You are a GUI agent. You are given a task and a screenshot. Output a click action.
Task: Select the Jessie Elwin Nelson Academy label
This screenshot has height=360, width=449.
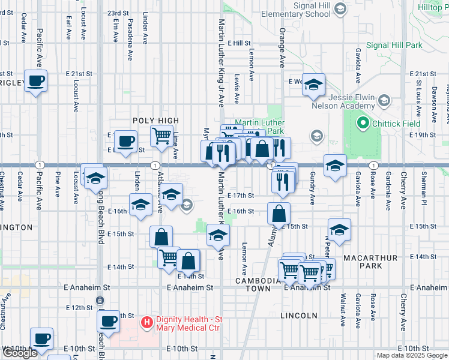(x=343, y=102)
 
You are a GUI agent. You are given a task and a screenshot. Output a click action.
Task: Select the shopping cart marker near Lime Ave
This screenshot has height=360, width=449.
(x=161, y=136)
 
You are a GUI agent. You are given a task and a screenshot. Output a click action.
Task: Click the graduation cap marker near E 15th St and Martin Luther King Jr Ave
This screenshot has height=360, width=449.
(x=218, y=235)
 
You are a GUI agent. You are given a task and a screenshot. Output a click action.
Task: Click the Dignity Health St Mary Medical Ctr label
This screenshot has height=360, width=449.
(x=180, y=323)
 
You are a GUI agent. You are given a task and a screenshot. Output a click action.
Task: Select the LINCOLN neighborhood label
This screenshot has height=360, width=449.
(x=298, y=315)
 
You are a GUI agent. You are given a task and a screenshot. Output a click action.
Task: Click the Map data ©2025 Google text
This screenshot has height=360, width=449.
(x=412, y=355)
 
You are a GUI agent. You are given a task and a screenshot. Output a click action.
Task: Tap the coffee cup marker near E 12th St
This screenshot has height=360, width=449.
(x=109, y=320)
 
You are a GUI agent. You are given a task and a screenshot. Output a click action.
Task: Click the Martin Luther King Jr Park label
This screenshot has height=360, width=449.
(x=259, y=127)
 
